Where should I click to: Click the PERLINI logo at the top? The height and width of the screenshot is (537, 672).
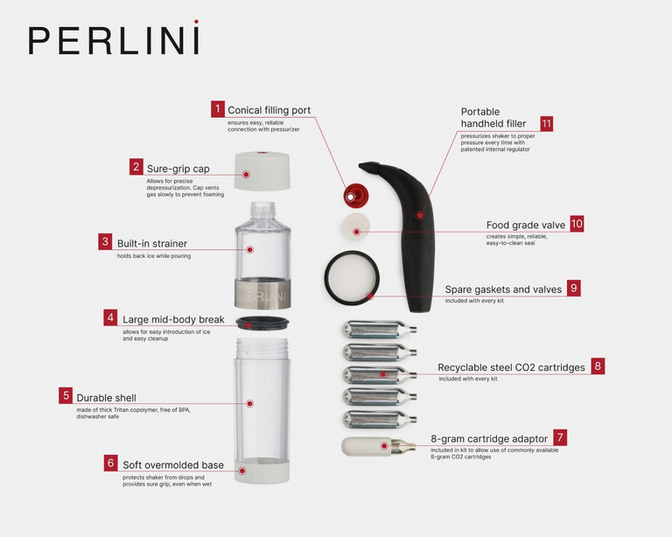pyautogui.click(x=114, y=39)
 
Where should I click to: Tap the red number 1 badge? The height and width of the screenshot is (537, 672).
pyautogui.click(x=218, y=109)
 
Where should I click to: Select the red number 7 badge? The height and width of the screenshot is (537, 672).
pyautogui.click(x=560, y=436)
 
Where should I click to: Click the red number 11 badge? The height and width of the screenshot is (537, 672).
pyautogui.click(x=546, y=124)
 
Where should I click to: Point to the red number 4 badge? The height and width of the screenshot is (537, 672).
pyautogui.click(x=110, y=317)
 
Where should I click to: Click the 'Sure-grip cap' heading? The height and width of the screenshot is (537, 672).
pyautogui.click(x=178, y=169)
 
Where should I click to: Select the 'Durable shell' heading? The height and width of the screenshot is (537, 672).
pyautogui.click(x=106, y=397)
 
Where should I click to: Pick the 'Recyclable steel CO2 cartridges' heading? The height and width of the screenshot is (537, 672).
pyautogui.click(x=511, y=367)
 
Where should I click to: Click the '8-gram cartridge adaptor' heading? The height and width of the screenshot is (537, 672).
pyautogui.click(x=489, y=438)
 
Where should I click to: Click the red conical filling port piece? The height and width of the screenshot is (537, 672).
pyautogui.click(x=353, y=195)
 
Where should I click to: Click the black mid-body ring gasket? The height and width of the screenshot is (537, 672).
pyautogui.click(x=262, y=324)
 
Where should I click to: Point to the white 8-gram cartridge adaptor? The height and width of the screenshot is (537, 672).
pyautogui.click(x=367, y=446)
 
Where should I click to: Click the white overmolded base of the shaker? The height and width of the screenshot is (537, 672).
pyautogui.click(x=262, y=471)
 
